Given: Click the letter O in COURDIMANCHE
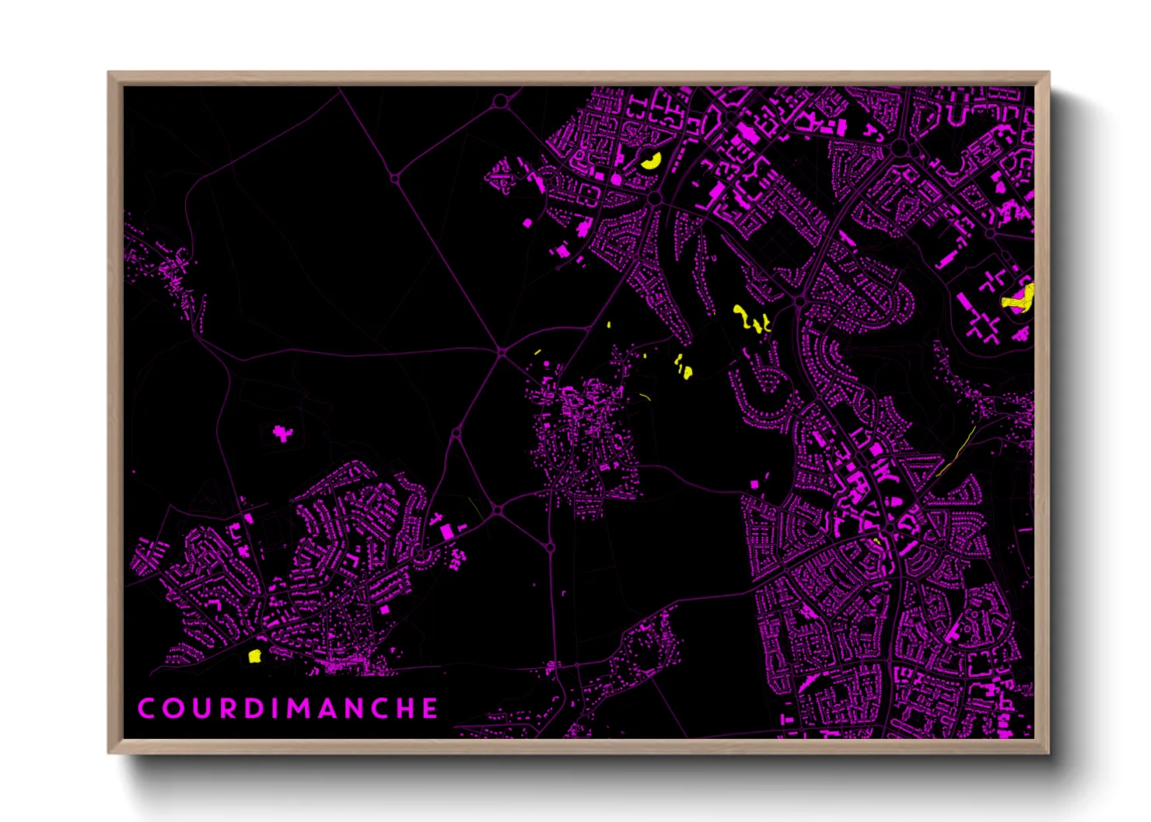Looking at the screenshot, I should click(171, 709).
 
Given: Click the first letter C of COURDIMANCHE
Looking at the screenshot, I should click(145, 709).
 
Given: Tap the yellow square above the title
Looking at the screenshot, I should click(254, 656).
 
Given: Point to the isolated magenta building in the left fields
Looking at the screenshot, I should click(282, 433).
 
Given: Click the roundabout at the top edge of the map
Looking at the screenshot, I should click(501, 101).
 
